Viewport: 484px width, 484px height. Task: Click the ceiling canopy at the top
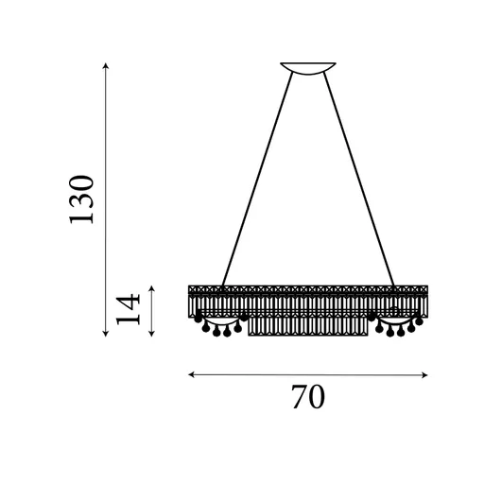[307, 66]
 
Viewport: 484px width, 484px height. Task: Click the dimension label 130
[82, 199]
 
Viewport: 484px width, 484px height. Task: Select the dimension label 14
[129, 308]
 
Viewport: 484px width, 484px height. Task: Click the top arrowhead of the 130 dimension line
[105, 66]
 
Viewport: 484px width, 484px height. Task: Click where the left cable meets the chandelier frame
[223, 285]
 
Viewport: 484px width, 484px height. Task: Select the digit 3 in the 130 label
[82, 199]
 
